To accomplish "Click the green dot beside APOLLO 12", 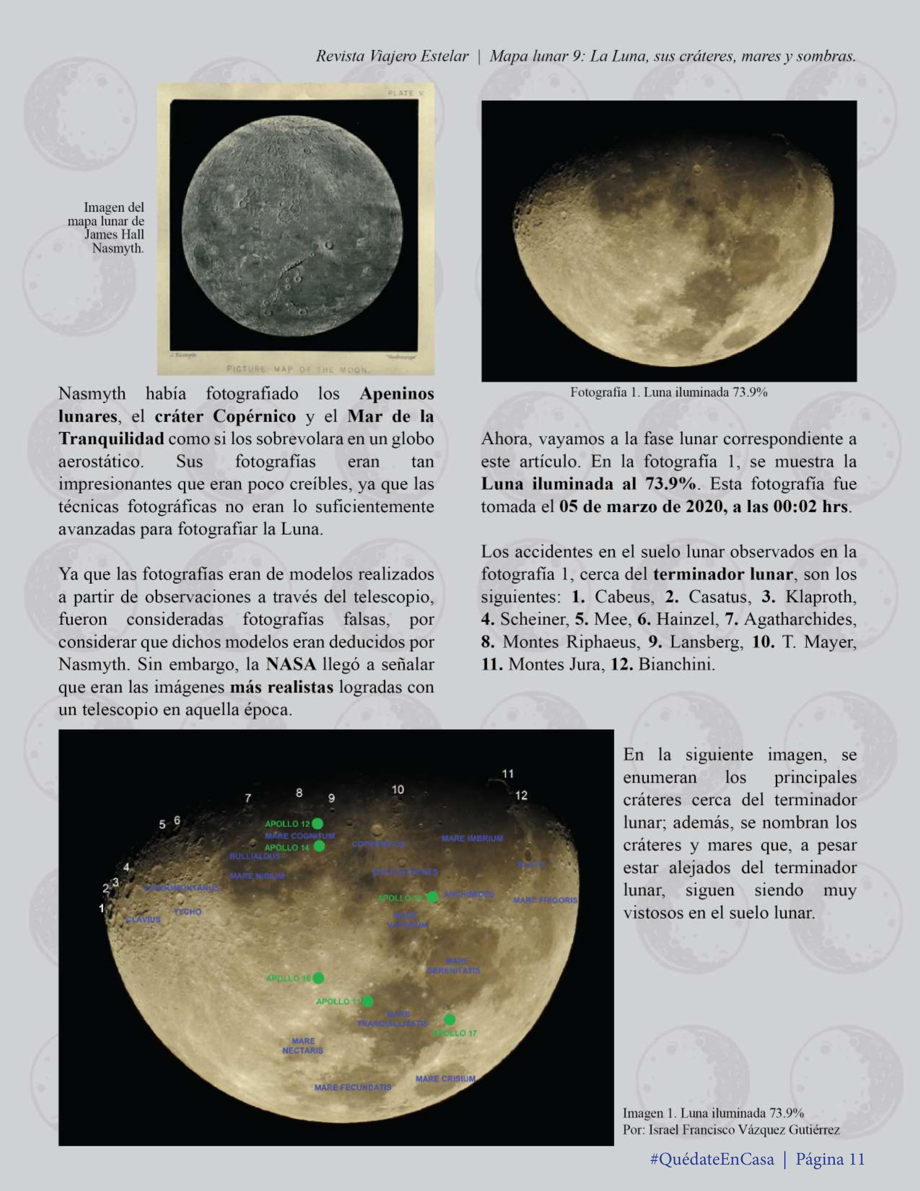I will point(317,823).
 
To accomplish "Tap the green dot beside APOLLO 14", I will point(320,846).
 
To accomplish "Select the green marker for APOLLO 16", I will point(319,978).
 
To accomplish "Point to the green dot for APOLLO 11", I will point(368,1001).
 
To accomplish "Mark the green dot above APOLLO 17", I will point(450,1019).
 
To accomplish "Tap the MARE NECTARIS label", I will point(303,1045).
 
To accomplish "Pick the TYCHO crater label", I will point(188,911).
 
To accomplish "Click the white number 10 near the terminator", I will point(398,789).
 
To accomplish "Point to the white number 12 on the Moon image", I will point(521,795).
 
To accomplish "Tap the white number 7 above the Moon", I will point(248,798).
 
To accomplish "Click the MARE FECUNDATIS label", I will point(352,1087).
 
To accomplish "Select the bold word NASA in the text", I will point(291,664).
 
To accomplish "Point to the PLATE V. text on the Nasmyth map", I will point(406,93).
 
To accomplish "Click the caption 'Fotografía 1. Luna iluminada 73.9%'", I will point(669,392).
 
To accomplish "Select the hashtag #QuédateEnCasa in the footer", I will point(712,1159).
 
